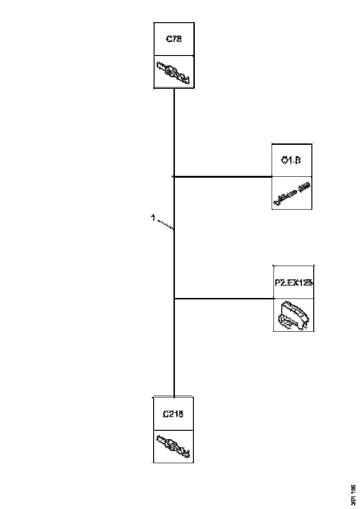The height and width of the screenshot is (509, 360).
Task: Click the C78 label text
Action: [x=174, y=39]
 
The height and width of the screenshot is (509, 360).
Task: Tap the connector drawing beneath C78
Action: [x=174, y=72]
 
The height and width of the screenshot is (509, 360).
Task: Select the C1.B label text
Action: [x=291, y=161]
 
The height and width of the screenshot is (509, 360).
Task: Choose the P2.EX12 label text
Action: [x=293, y=282]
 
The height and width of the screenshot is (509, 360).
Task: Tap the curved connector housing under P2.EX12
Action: [x=293, y=316]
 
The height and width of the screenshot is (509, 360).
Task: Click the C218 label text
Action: [x=173, y=414]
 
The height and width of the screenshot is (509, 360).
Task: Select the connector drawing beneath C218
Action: [x=173, y=447]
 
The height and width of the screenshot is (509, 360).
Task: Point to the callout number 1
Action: [x=153, y=217]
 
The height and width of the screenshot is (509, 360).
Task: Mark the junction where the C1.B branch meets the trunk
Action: [x=174, y=176]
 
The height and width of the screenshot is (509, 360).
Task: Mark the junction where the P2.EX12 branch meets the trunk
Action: [x=174, y=298]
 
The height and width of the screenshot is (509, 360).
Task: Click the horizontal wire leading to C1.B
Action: [x=222, y=176]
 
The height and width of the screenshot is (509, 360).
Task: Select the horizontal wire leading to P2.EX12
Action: [x=224, y=298]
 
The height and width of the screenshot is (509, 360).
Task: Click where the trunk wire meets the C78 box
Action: [x=174, y=89]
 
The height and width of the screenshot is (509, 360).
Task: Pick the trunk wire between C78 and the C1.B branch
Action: [x=174, y=132]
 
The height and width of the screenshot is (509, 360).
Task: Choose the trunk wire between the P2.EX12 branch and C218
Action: [x=174, y=347]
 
